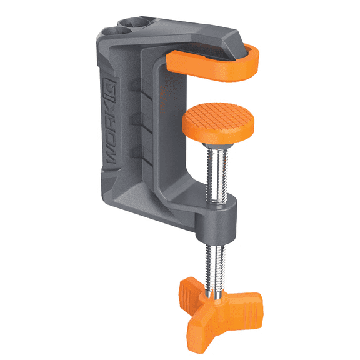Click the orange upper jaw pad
(216, 62)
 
